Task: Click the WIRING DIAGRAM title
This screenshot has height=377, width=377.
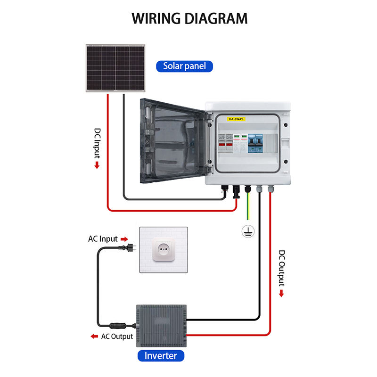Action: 189,18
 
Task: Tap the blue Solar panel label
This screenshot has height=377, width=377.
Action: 184,66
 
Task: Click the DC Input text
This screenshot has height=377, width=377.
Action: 98,143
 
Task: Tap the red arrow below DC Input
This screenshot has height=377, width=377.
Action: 97,165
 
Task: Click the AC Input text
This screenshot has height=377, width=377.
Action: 103,239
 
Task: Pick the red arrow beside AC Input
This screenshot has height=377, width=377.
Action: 124,239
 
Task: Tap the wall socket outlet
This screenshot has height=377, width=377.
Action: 164,250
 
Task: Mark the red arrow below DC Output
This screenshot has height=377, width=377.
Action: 281,293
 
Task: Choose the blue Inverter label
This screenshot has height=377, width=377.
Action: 161,355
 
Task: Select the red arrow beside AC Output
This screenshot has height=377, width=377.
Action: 94,336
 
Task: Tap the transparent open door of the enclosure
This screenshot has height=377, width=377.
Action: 174,141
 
